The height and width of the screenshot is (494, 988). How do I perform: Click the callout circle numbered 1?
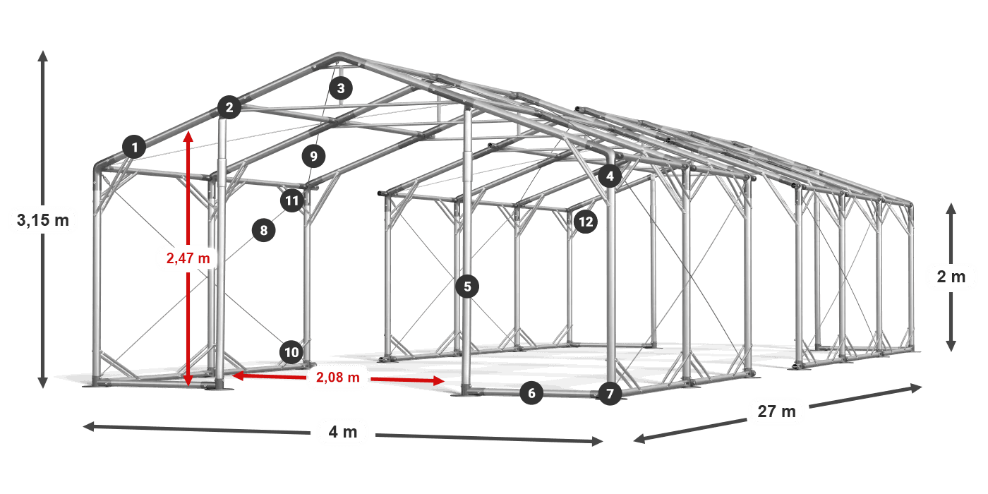click(135, 147)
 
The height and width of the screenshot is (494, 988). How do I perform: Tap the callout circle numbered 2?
click(229, 107)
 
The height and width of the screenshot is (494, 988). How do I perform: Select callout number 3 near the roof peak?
click(340, 88)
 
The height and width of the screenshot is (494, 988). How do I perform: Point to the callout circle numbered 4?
click(610, 176)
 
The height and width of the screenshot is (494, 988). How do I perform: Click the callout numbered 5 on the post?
click(467, 287)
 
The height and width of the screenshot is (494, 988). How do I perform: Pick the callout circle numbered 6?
click(531, 393)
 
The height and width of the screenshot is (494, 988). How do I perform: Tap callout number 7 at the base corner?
click(610, 394)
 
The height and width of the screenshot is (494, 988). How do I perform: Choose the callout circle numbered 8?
click(264, 230)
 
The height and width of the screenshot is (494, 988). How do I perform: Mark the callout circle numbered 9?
click(313, 156)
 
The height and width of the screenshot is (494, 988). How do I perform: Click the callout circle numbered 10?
click(291, 352)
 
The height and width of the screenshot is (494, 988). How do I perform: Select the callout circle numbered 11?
click(292, 200)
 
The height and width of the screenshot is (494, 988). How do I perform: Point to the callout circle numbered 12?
click(586, 222)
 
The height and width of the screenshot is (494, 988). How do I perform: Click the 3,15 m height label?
click(43, 220)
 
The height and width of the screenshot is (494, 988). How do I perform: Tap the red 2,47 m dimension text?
click(188, 258)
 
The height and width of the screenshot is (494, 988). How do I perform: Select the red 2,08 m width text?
click(338, 377)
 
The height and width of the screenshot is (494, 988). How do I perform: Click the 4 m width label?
click(343, 432)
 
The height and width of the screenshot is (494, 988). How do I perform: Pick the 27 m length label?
click(777, 411)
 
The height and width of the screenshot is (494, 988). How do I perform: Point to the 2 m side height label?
click(951, 277)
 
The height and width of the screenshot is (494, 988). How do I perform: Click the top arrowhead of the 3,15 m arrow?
click(43, 56)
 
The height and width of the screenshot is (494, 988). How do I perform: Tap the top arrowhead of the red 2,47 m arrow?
click(188, 136)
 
